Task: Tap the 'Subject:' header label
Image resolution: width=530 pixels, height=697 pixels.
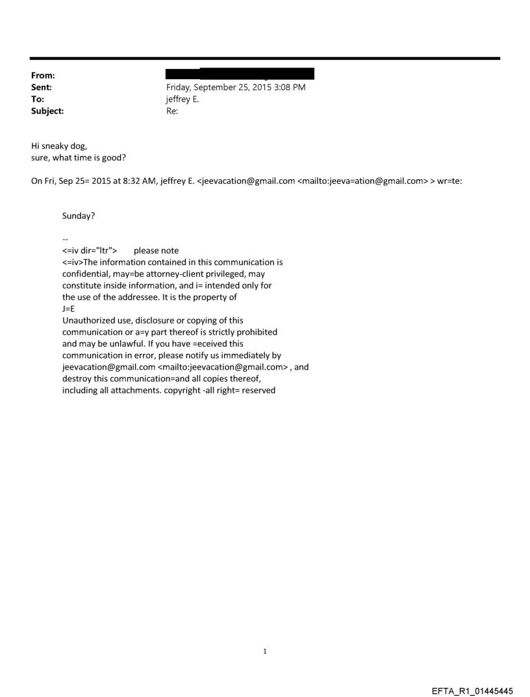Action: click(x=47, y=111)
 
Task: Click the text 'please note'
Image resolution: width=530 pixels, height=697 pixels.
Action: click(x=156, y=251)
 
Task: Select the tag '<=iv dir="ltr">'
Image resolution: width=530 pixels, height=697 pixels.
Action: click(x=90, y=251)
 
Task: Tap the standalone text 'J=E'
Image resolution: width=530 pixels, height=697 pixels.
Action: click(x=68, y=309)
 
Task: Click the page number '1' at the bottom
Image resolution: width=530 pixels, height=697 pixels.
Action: click(x=265, y=651)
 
